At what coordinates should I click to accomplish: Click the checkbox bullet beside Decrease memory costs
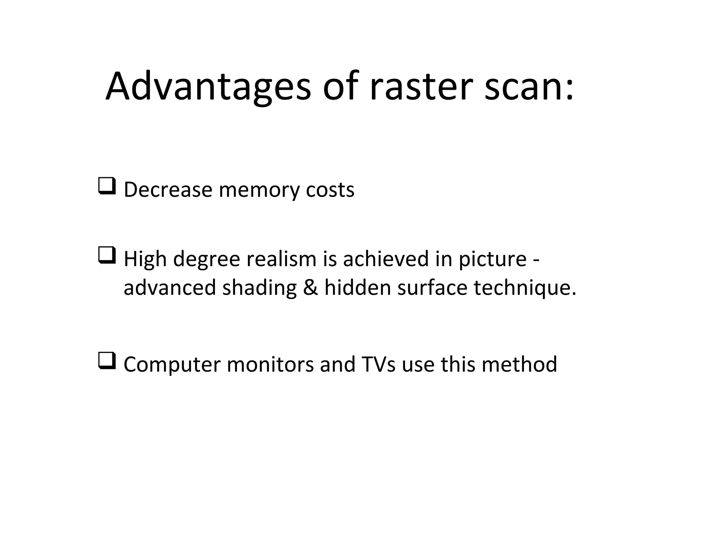tap(107, 186)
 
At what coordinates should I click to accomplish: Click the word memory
tap(259, 189)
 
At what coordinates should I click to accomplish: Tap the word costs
tap(330, 189)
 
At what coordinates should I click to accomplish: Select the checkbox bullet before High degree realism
tap(107, 255)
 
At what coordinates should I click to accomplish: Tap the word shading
tap(259, 288)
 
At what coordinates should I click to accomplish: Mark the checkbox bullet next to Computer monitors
tap(107, 361)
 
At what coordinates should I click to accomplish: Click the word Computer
tap(172, 365)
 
